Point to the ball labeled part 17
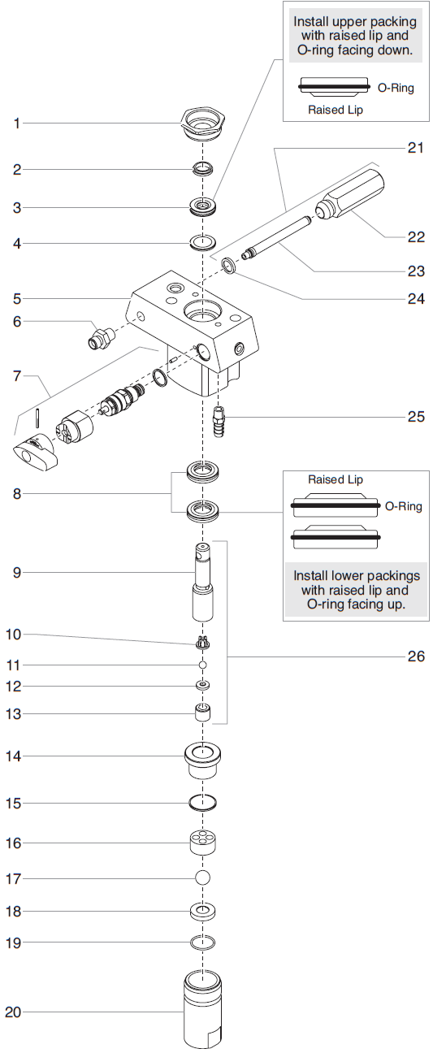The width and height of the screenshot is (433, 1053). pos(202,877)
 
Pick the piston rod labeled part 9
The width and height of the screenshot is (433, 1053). pos(202,580)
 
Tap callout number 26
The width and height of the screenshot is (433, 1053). pos(415,656)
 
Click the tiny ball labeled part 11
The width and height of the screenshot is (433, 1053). pos(201,664)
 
